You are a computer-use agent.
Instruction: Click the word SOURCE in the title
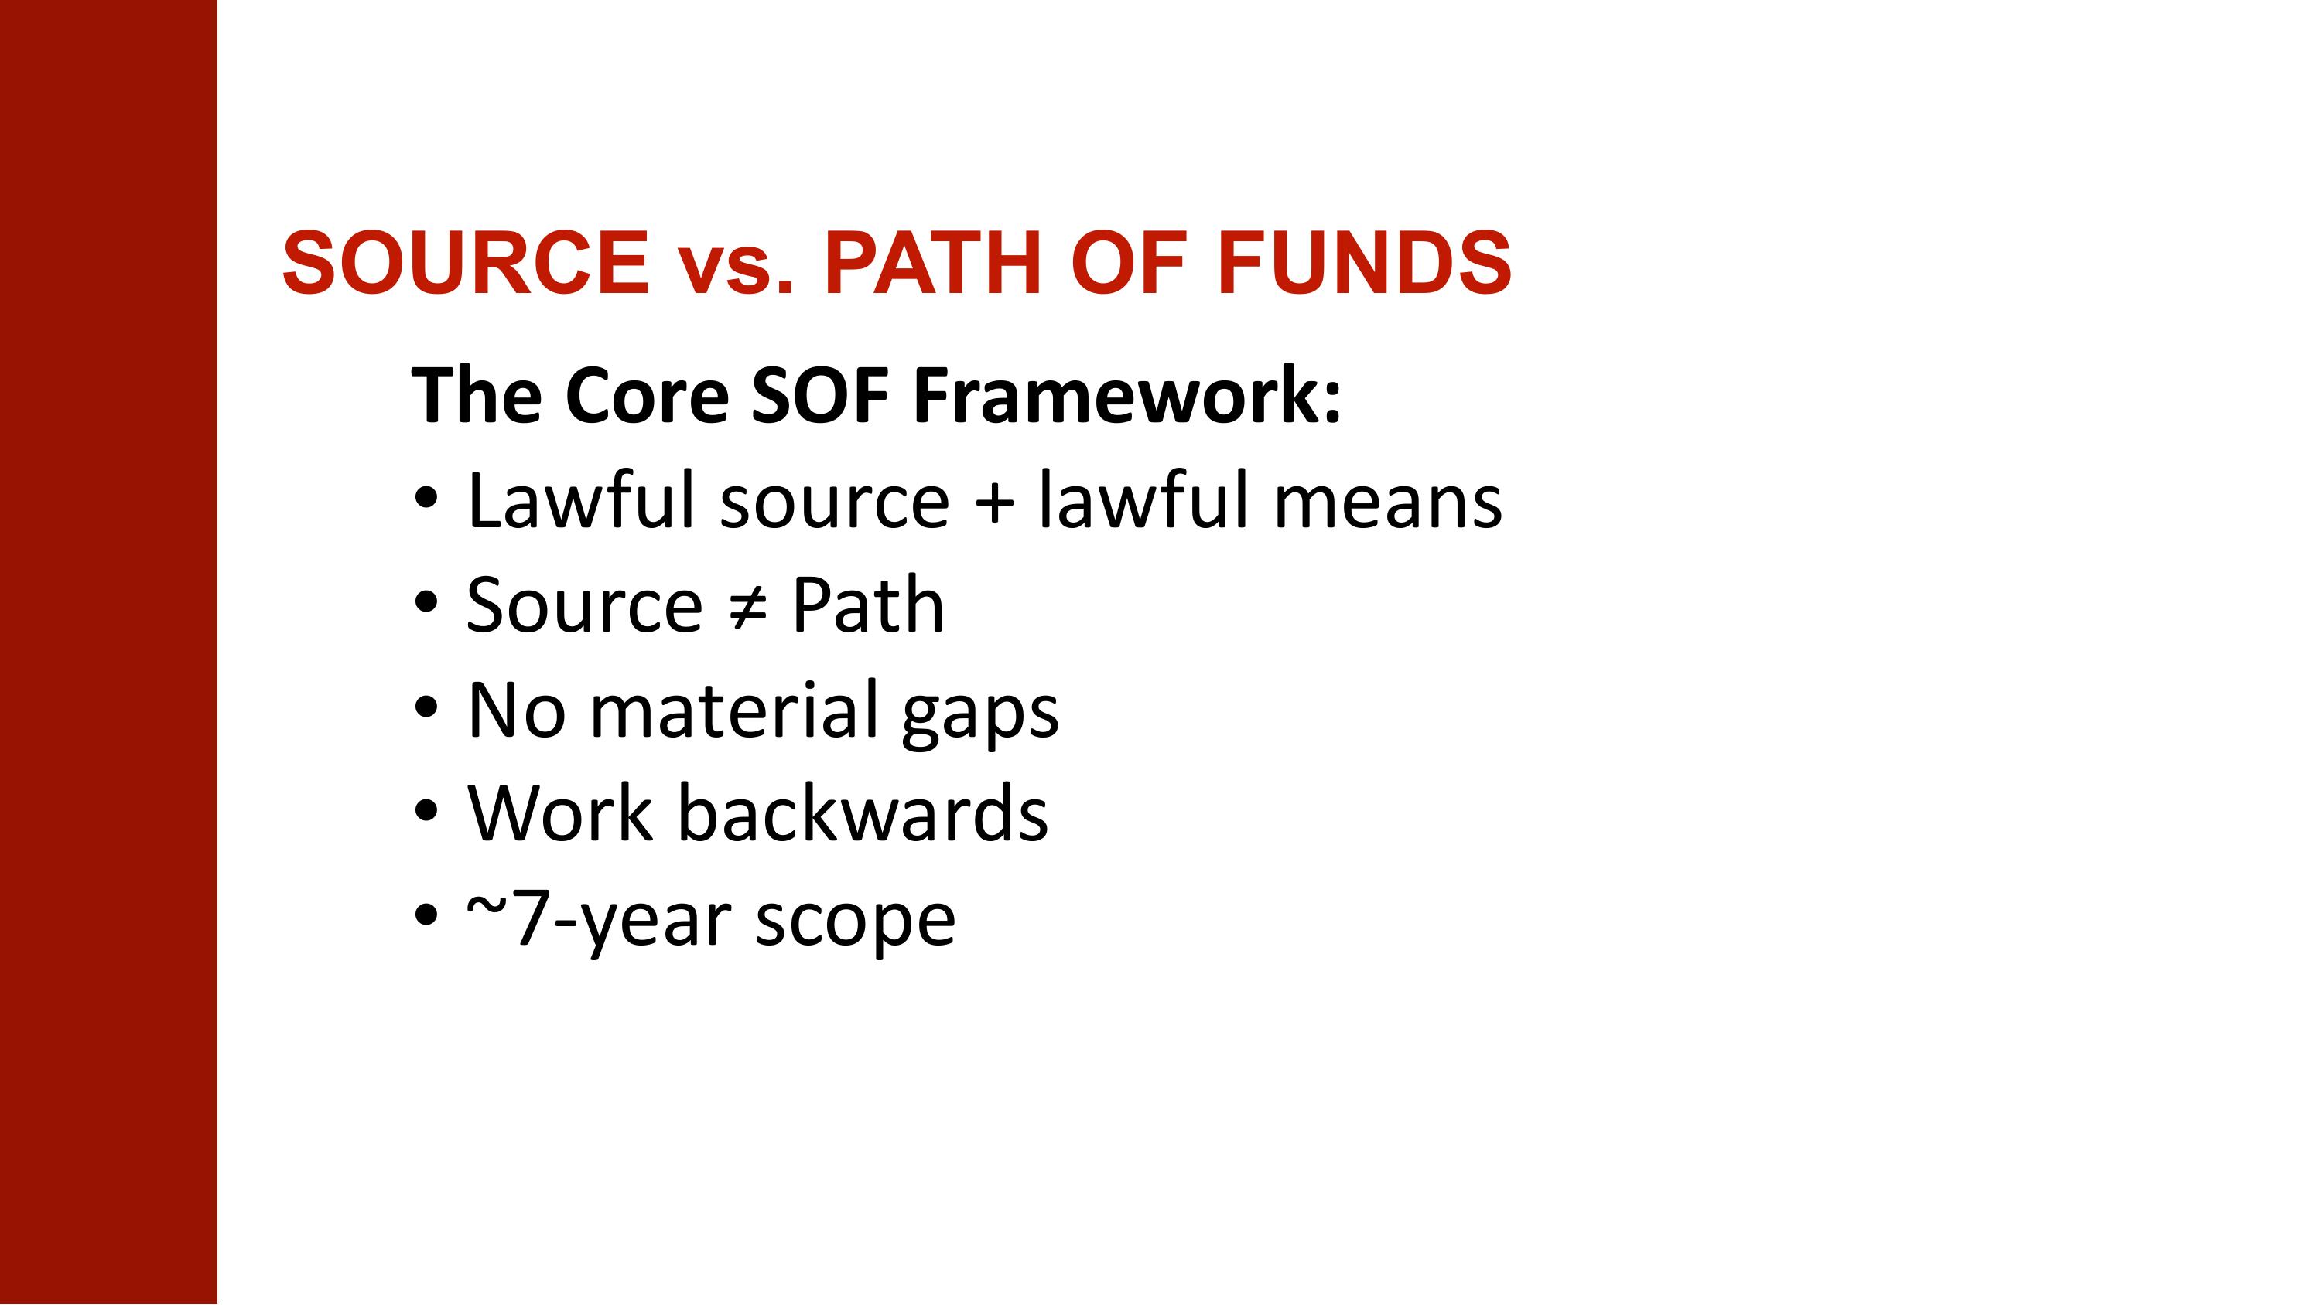click(465, 263)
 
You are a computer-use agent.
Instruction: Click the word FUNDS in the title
click(1363, 263)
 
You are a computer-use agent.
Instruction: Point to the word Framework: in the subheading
click(1127, 397)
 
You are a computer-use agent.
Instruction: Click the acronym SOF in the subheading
click(820, 397)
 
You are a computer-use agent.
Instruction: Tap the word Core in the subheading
click(647, 397)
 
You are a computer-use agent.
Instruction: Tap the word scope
click(855, 923)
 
